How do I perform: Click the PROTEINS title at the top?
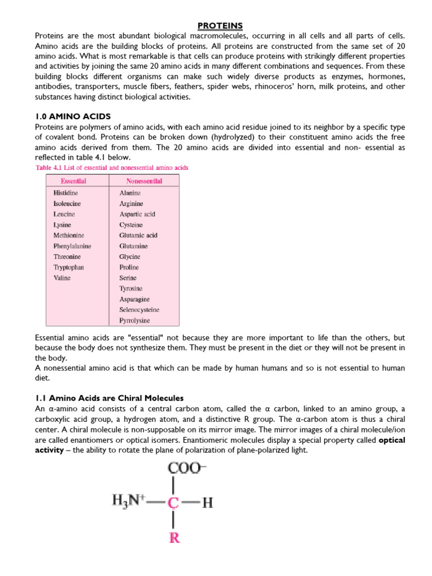pos(220,26)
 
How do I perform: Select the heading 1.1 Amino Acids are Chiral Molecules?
pos(109,398)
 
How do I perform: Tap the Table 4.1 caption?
pos(111,168)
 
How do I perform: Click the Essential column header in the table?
pos(74,181)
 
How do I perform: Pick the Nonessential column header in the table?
pos(141,181)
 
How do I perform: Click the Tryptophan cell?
pos(69,267)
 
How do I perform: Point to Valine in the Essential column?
pos(62,278)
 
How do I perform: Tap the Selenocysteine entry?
pos(139,310)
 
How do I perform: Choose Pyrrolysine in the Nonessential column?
pos(134,321)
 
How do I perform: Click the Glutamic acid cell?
pos(138,236)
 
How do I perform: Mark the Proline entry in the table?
pos(129,267)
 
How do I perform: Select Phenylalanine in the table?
pos(72,246)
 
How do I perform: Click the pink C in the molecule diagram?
pos(175,503)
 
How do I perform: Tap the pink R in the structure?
pos(175,538)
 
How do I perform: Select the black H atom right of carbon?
pos(208,503)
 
